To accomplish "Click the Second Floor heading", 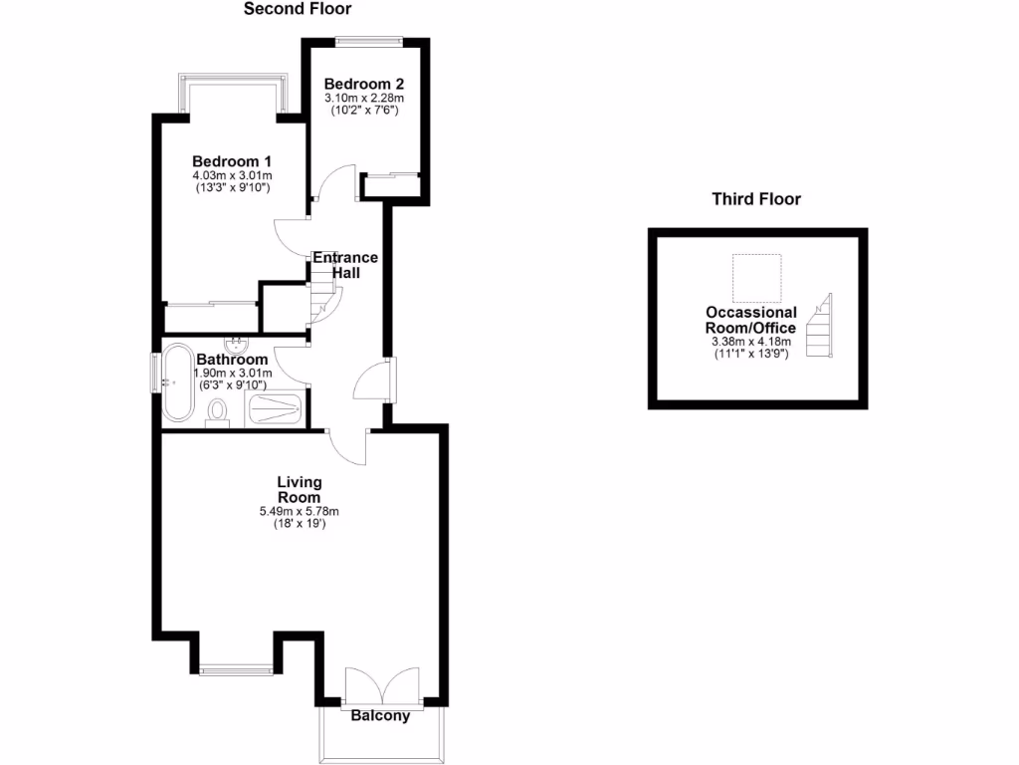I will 298,9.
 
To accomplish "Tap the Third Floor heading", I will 756,199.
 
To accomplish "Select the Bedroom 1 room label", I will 232,161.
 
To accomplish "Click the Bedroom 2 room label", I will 364,84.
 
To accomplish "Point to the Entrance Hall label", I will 345,265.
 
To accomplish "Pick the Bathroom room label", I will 232,360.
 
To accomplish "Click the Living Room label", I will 300,489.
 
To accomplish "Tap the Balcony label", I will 380,715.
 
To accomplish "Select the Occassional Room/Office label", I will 751,320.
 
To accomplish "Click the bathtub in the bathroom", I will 179,382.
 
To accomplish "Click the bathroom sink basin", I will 238,345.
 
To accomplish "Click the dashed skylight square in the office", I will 756,278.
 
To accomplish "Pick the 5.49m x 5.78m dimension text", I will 300,512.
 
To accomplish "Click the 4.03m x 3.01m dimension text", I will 232,176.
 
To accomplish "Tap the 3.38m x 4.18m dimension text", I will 751,343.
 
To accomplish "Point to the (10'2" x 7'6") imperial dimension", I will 364,111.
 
